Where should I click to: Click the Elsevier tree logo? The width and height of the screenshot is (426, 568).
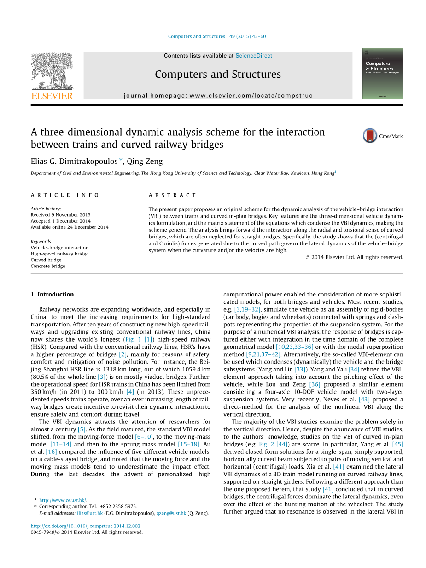pos(52,72)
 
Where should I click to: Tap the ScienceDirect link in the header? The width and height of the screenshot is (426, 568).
pos(253,56)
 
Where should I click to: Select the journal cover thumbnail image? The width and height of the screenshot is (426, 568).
pos(382,73)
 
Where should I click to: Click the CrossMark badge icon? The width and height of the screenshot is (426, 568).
pos(370,136)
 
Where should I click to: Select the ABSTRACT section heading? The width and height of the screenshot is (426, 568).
pos(172,195)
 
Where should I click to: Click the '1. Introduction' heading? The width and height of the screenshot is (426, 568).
pos(52,295)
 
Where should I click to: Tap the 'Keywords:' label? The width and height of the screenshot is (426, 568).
pos(41,241)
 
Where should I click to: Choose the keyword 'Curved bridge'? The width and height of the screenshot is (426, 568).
pos(46,260)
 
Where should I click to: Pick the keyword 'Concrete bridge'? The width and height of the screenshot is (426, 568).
pos(48,266)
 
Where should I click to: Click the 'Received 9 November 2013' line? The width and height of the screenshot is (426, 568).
pos(60,215)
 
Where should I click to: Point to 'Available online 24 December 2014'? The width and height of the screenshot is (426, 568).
pos(70,227)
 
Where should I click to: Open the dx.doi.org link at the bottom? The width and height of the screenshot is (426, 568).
pos(85,526)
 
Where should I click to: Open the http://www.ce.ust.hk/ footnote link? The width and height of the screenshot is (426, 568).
pos(62,500)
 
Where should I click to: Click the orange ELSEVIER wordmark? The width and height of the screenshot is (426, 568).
pos(52,96)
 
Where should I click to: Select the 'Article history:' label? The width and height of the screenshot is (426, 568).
pos(46,209)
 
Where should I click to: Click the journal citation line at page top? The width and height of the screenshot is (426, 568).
pos(216,36)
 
